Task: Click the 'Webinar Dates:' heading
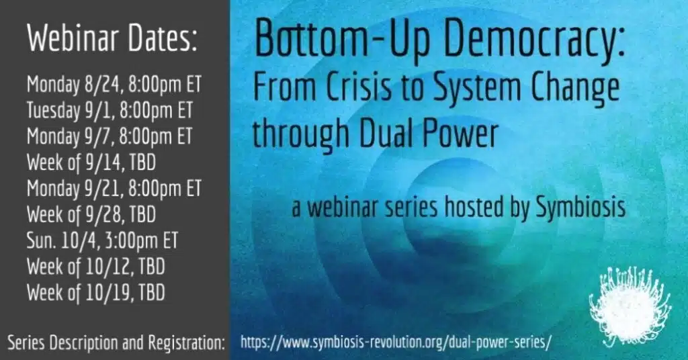pyautogui.click(x=112, y=38)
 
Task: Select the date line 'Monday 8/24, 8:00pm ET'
pyautogui.click(x=114, y=84)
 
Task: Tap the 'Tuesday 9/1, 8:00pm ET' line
pyautogui.click(x=110, y=110)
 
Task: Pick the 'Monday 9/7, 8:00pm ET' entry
pyautogui.click(x=110, y=136)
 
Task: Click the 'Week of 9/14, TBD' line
pyautogui.click(x=91, y=163)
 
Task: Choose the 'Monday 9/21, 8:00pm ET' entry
pyautogui.click(x=114, y=189)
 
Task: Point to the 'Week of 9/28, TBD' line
pyautogui.click(x=91, y=215)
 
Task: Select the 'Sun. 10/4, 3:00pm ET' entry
pyautogui.click(x=102, y=240)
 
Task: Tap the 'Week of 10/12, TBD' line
pyautogui.click(x=95, y=267)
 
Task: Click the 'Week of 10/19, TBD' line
pyautogui.click(x=95, y=293)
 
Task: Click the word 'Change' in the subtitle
pyautogui.click(x=576, y=89)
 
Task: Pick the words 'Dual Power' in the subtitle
pyautogui.click(x=429, y=133)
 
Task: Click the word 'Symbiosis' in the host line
pyautogui.click(x=581, y=208)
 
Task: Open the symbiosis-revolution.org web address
pyautogui.click(x=396, y=342)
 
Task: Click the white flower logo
pyautogui.click(x=630, y=305)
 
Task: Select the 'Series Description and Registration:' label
pyautogui.click(x=116, y=343)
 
